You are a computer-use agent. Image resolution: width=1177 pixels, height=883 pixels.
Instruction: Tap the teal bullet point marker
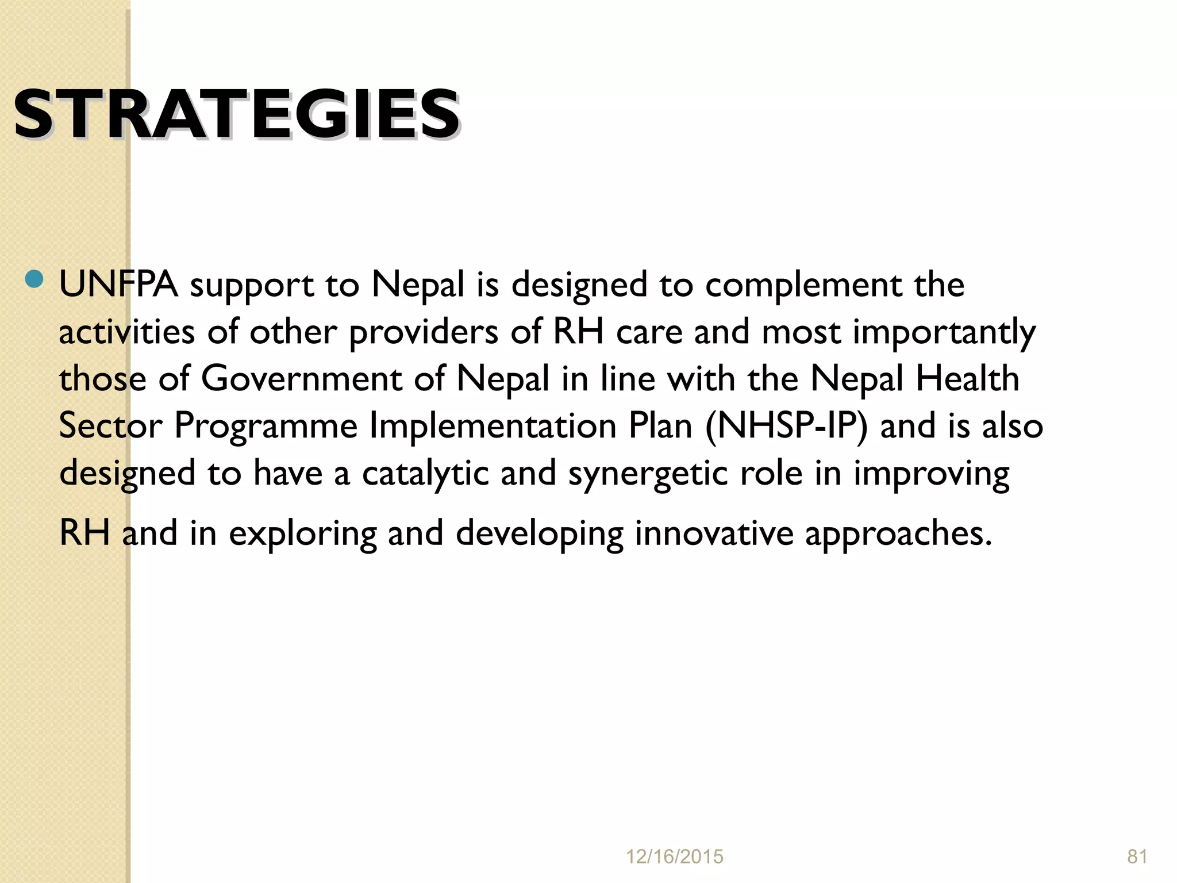pos(34,279)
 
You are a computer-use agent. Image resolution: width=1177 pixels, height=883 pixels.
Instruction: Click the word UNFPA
pos(118,284)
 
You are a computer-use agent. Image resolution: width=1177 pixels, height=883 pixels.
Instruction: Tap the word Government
pos(301,379)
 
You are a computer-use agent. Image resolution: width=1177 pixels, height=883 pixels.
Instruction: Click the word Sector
pos(110,426)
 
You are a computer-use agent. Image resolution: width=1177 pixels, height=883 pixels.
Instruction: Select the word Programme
pos(266,427)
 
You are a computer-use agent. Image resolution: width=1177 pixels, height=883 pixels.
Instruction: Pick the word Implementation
pos(493,426)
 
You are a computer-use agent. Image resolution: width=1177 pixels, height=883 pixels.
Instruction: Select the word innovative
pos(714,533)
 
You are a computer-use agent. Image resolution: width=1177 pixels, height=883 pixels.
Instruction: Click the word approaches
pos(898,534)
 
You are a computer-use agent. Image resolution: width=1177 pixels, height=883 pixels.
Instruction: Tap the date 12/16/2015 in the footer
pos(674,857)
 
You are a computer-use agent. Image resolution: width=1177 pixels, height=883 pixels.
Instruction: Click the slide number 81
pos(1137,857)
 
